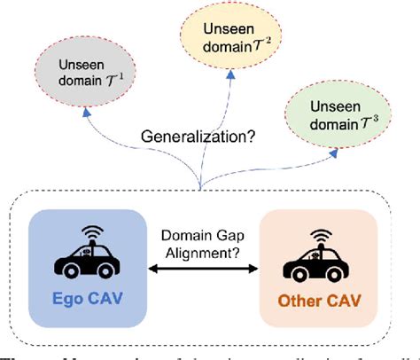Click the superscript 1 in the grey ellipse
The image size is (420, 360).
click(111, 69)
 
